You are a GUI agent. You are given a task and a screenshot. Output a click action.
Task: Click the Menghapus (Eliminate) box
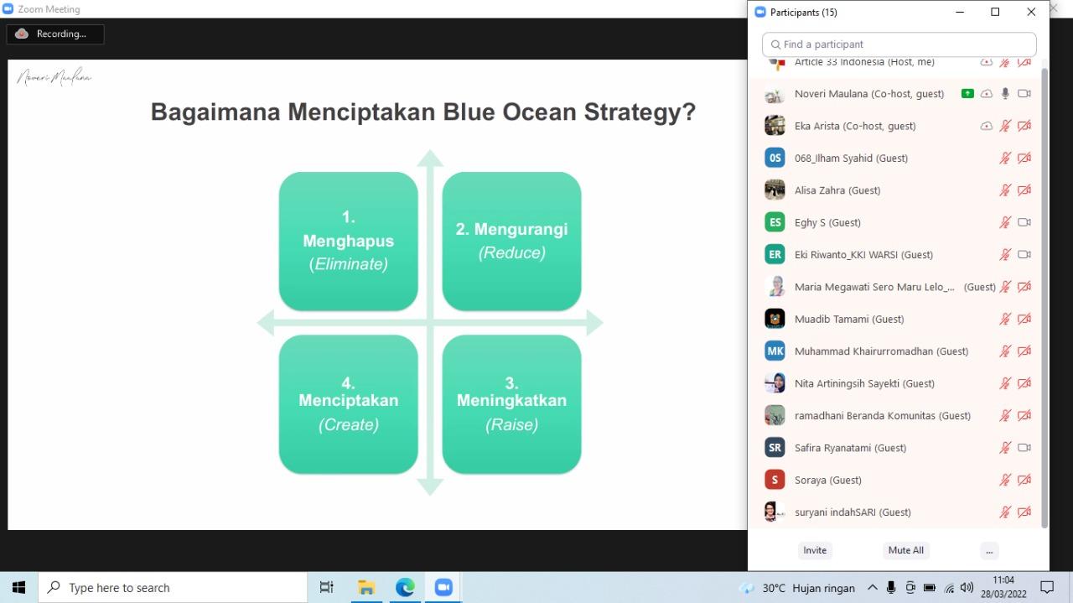348,242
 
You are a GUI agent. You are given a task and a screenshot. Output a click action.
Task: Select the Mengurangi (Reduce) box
511,242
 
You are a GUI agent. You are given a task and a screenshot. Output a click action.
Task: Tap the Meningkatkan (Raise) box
511,404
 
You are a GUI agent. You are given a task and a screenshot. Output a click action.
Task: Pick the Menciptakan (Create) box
348,404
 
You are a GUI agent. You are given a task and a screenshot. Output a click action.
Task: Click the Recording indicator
55,34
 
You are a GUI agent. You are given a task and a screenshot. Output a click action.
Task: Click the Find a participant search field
899,44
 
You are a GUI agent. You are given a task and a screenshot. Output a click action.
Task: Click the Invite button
815,550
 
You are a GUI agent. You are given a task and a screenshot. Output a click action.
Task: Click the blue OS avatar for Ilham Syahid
775,158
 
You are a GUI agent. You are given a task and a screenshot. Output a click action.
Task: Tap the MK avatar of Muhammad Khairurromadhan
775,351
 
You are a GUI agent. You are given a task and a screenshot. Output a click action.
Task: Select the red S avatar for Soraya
775,480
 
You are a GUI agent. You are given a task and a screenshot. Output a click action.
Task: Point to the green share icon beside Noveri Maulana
967,94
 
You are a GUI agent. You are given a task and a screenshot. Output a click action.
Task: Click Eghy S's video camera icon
1024,222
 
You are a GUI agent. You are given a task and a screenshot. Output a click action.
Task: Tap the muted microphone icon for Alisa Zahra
1005,190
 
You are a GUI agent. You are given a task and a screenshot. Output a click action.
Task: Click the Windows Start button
18,588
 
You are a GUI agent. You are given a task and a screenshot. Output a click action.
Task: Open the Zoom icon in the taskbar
443,588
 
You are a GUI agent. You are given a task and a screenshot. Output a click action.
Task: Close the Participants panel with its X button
1031,12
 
